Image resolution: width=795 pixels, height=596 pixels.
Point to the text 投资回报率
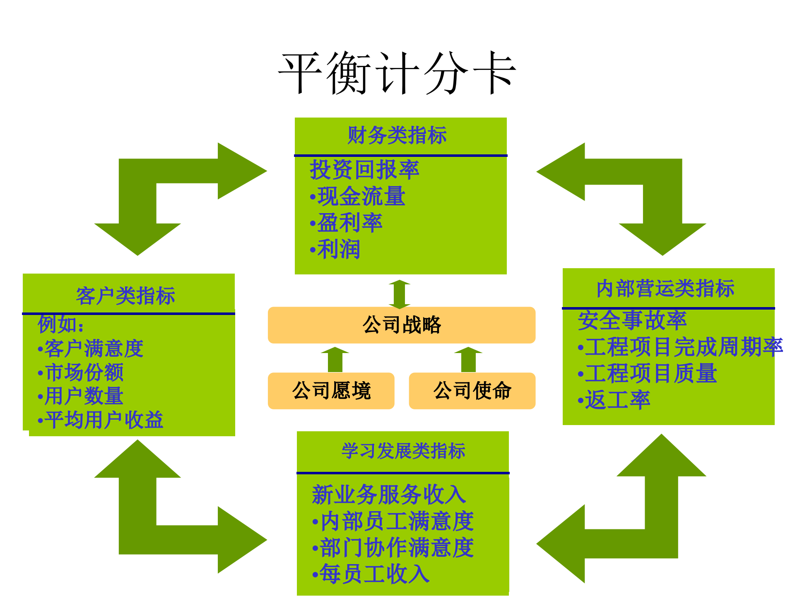coord(364,170)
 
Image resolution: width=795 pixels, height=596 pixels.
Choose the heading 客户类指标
coord(125,296)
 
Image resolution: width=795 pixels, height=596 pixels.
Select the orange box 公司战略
coord(401,325)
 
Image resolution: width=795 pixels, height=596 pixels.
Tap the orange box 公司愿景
coord(331,391)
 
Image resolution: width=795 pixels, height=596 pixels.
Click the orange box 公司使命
coord(472,391)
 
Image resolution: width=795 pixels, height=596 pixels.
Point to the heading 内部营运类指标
coord(665,288)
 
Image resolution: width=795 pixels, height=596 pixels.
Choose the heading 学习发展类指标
coord(403,451)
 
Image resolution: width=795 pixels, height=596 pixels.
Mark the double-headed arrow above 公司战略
coord(400,294)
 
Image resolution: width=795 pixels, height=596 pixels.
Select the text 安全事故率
coord(632,320)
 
